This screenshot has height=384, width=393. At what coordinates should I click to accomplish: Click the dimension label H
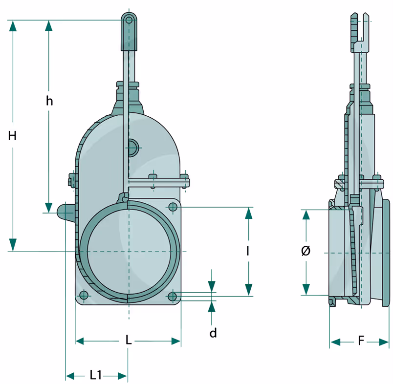13,136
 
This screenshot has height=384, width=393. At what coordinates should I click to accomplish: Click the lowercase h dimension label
49,101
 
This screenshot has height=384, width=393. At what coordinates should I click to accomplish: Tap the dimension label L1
96,375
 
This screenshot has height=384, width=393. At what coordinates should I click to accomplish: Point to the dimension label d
213,333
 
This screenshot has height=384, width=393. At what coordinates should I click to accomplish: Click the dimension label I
248,251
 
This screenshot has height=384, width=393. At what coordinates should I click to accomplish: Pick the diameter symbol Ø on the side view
306,251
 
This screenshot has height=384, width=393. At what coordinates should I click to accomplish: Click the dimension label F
361,341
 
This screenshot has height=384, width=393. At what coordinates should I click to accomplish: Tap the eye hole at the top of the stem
129,20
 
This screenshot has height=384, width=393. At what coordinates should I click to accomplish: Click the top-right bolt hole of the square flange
173,206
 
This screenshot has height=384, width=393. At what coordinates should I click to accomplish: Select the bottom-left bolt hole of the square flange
84,296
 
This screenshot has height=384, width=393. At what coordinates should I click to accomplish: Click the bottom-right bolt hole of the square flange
173,296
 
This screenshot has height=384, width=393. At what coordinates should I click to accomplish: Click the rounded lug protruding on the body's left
65,213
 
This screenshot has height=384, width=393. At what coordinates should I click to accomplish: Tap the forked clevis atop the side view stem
361,27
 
